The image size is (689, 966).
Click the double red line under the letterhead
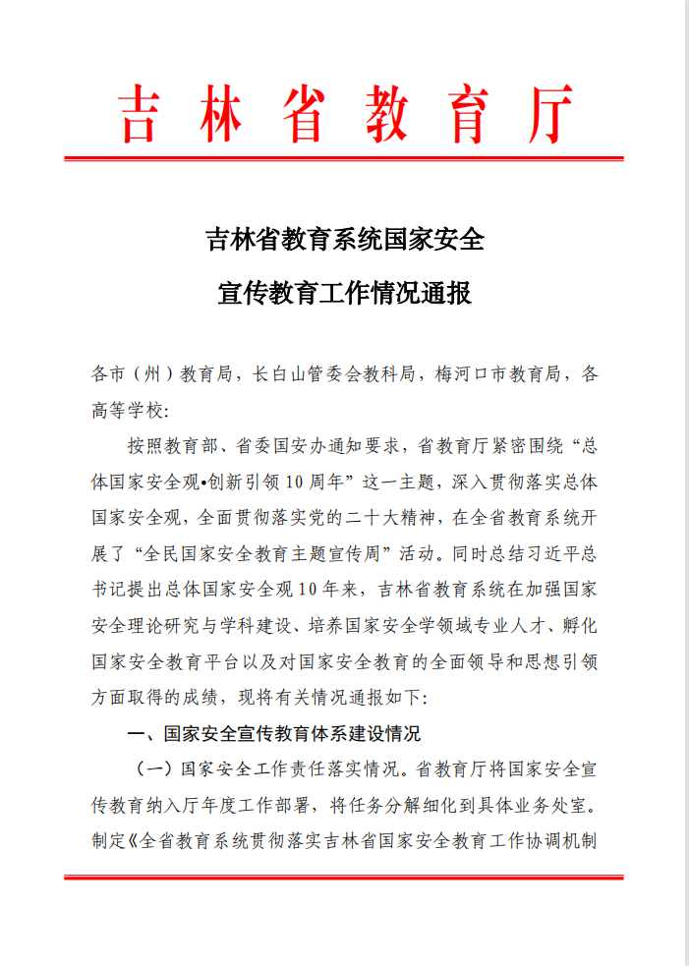[x=344, y=157]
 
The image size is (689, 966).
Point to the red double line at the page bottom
[x=344, y=876]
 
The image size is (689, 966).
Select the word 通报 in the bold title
[x=447, y=292]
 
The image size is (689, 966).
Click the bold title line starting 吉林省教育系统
[x=344, y=239]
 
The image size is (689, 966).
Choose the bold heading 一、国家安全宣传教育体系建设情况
[x=274, y=733]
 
